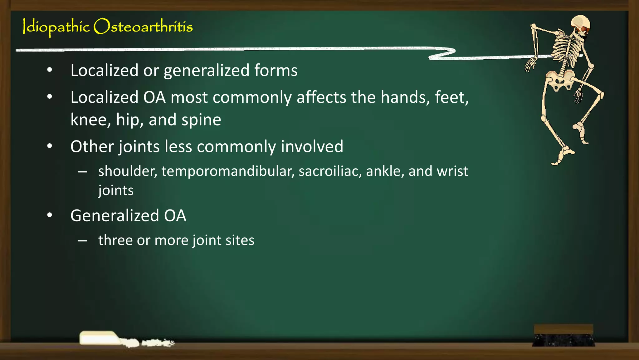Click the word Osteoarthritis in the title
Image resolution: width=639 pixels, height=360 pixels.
pos(143,27)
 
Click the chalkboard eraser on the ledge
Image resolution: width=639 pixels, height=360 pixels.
pos(563,335)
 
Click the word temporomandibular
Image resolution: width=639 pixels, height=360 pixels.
pos(228,171)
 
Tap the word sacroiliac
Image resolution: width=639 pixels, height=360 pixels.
pos(330,171)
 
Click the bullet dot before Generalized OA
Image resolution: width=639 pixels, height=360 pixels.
pos(50,215)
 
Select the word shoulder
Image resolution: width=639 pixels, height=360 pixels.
pos(128,171)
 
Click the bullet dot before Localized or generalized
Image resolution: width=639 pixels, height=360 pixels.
pos(50,70)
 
